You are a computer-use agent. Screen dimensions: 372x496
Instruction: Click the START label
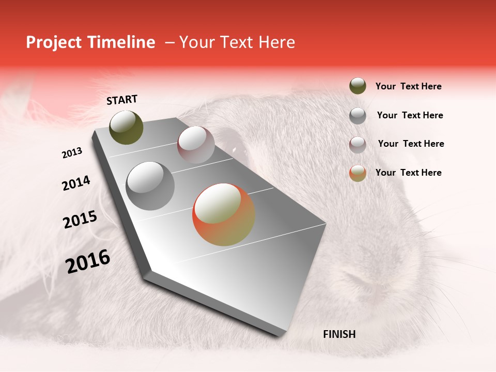[x=122, y=100]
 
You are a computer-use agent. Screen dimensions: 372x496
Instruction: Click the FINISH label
[x=339, y=334]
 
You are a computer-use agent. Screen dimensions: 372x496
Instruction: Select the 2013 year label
[x=72, y=153]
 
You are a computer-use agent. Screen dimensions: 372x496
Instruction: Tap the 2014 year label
[x=76, y=183]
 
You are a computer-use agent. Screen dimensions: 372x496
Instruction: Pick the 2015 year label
[x=80, y=220]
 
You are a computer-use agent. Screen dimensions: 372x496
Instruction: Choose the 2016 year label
[x=88, y=261]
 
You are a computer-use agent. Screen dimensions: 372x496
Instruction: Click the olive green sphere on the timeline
[x=126, y=127]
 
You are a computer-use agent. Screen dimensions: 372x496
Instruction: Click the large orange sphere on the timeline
[x=223, y=214]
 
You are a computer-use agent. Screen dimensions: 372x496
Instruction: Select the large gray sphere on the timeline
[x=150, y=185]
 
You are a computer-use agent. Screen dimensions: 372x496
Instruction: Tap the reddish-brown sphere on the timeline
[x=196, y=145]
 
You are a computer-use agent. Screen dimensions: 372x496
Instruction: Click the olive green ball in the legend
[x=358, y=86]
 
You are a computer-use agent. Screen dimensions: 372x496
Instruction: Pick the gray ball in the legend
[x=358, y=115]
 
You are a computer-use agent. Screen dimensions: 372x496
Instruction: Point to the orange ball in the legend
[x=358, y=173]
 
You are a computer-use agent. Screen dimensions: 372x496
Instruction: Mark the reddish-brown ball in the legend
[x=358, y=144]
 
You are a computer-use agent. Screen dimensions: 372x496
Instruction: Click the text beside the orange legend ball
[x=408, y=173]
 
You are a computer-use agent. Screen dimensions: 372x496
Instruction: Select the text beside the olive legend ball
[x=408, y=86]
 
